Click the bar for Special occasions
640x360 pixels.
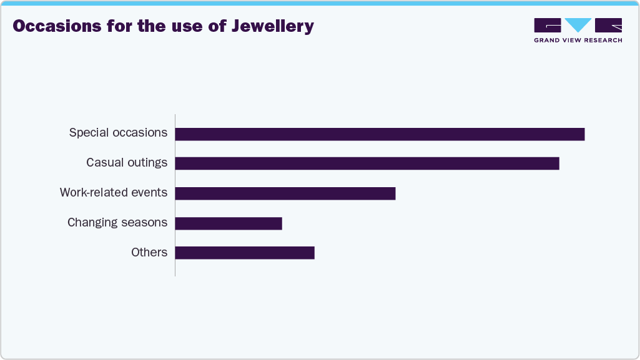380,134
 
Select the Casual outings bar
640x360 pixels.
367,163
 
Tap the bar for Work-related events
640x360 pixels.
285,193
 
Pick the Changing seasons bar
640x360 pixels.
229,223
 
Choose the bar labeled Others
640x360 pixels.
245,253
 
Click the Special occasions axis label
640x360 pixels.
118,132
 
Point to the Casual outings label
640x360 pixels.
127,162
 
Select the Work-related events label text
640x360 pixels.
114,192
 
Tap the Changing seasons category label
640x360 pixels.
117,222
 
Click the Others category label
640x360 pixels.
149,252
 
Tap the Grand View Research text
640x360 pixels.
578,41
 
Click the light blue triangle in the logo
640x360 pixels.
578,24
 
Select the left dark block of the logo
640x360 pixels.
548,25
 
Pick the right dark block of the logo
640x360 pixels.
608,25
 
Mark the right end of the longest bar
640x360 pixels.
583,134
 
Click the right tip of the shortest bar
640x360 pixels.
281,223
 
